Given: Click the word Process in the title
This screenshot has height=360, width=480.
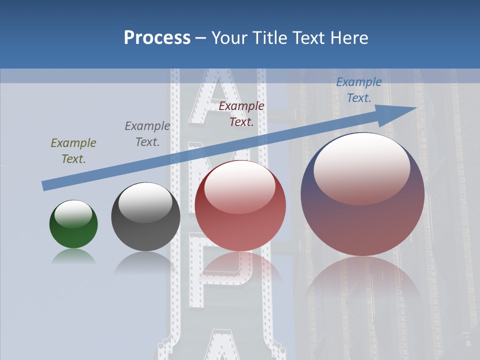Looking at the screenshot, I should (x=157, y=38).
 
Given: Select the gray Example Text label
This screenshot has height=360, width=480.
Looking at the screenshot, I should (x=147, y=134).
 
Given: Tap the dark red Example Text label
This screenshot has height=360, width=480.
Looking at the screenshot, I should (x=241, y=114).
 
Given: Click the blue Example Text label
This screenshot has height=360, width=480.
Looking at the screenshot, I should (x=359, y=90).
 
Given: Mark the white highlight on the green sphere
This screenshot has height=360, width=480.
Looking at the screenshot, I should (x=73, y=214).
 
